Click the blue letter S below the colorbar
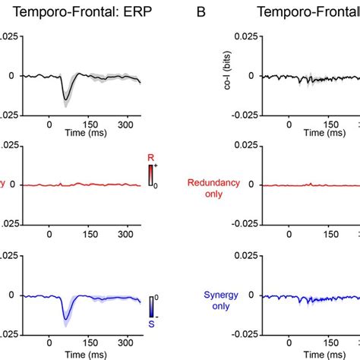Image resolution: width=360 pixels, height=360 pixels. pyautogui.click(x=151, y=323)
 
